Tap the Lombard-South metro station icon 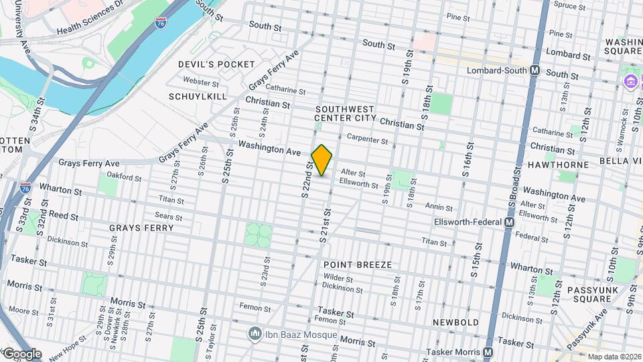(535, 70)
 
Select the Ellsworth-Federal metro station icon (510, 222)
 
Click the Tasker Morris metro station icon (488, 352)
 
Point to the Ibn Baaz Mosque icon (255, 333)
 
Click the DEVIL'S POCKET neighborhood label (216, 64)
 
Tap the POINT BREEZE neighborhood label (357, 265)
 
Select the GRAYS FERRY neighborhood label (141, 228)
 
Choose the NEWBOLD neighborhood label (455, 322)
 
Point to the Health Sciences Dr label (92, 21)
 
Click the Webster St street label (201, 83)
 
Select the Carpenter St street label (367, 141)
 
